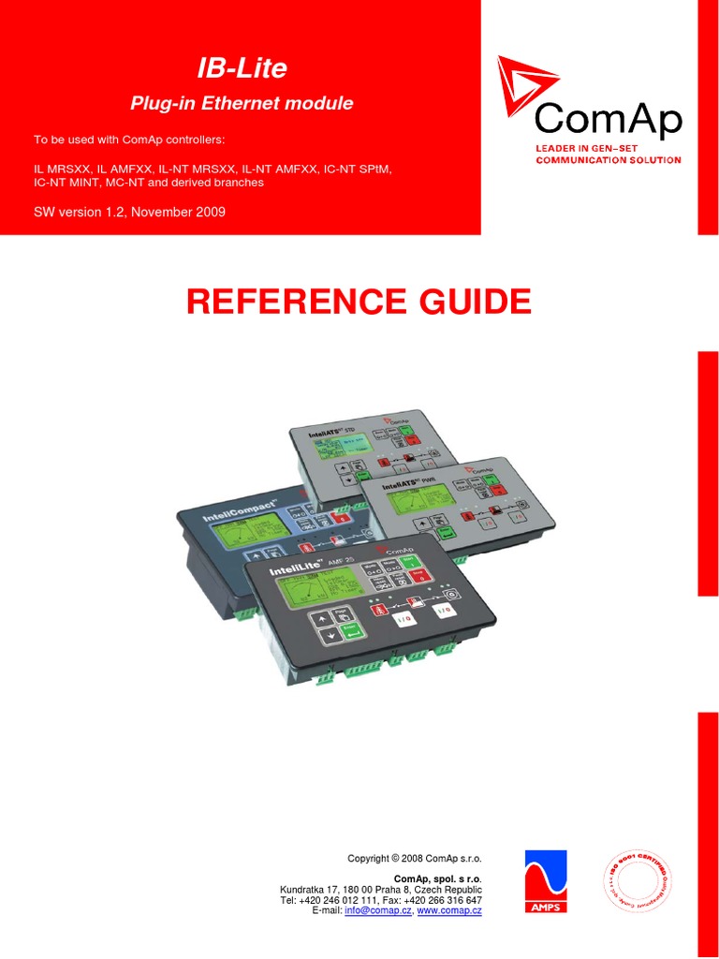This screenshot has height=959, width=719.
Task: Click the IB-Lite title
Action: (x=241, y=67)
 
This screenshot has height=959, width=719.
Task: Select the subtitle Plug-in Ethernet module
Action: (x=241, y=104)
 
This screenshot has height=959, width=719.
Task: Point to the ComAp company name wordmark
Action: (x=608, y=119)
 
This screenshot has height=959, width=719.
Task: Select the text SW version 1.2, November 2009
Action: (x=129, y=212)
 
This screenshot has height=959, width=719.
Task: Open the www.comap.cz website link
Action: (x=449, y=910)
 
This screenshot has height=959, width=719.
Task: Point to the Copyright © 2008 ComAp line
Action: (x=413, y=858)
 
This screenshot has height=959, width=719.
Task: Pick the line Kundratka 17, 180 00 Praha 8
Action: (x=381, y=889)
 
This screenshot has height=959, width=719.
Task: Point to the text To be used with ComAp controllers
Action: (x=129, y=140)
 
